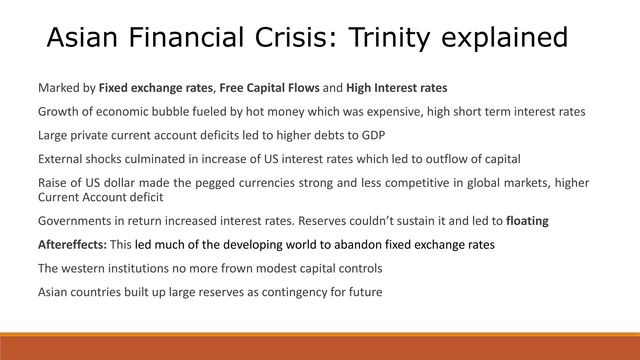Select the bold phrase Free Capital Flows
click(x=269, y=88)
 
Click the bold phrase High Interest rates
click(x=397, y=88)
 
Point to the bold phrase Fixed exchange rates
click(x=156, y=88)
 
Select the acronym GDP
click(x=373, y=136)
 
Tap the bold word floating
click(x=527, y=221)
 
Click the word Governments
click(x=74, y=221)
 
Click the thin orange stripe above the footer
click(x=320, y=334)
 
